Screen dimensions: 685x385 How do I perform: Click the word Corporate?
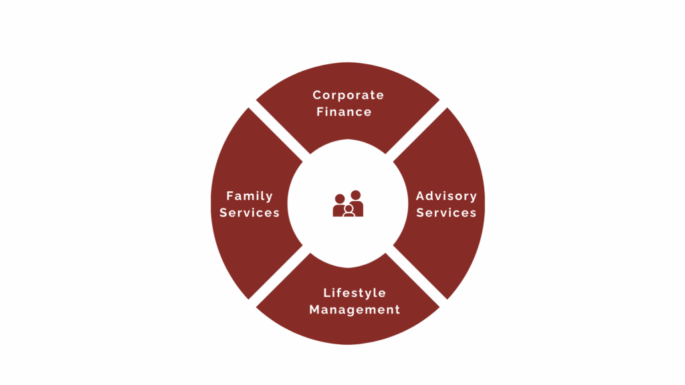348,96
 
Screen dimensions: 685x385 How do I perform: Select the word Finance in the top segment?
345,112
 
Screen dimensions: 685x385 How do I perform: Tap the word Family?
250,197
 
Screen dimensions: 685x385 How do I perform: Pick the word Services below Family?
250,213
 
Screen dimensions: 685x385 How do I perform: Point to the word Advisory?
446,197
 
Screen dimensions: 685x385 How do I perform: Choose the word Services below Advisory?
446,213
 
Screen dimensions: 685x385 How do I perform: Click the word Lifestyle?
355,293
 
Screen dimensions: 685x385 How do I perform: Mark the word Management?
355,310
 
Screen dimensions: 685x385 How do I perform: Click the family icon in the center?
348,203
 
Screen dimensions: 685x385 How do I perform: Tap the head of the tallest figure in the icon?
356,195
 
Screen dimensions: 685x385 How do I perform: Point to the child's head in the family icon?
349,209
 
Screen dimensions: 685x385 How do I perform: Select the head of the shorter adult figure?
339,199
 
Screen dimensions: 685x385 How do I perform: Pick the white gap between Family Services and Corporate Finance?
280,131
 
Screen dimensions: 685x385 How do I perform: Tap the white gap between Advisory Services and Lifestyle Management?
416,276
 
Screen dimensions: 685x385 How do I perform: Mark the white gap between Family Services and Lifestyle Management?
280,276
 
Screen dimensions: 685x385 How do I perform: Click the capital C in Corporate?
317,95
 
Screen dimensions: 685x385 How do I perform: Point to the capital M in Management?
315,309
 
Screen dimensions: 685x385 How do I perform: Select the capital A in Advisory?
420,196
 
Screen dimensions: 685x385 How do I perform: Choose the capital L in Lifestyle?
326,293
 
